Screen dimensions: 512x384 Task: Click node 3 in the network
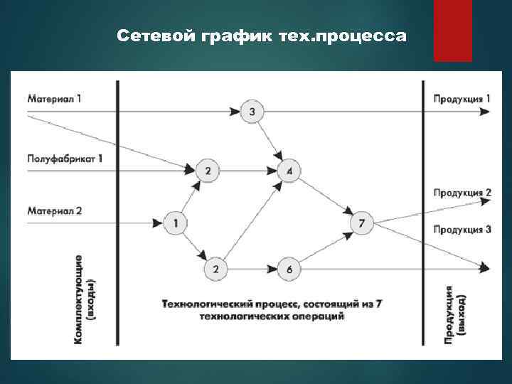coord(252,112)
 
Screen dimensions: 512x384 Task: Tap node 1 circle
coord(175,223)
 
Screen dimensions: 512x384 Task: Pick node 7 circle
coord(362,223)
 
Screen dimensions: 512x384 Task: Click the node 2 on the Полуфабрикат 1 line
coord(207,171)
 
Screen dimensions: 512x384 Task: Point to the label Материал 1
coord(54,98)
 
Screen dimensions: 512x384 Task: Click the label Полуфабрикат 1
coord(65,158)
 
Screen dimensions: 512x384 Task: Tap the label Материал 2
coord(55,210)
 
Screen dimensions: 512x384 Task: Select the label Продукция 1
coord(462,98)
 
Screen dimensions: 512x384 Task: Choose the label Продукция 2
coord(462,193)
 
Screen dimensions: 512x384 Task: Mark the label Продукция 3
coord(462,229)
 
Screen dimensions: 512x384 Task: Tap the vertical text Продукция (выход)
coord(455,313)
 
